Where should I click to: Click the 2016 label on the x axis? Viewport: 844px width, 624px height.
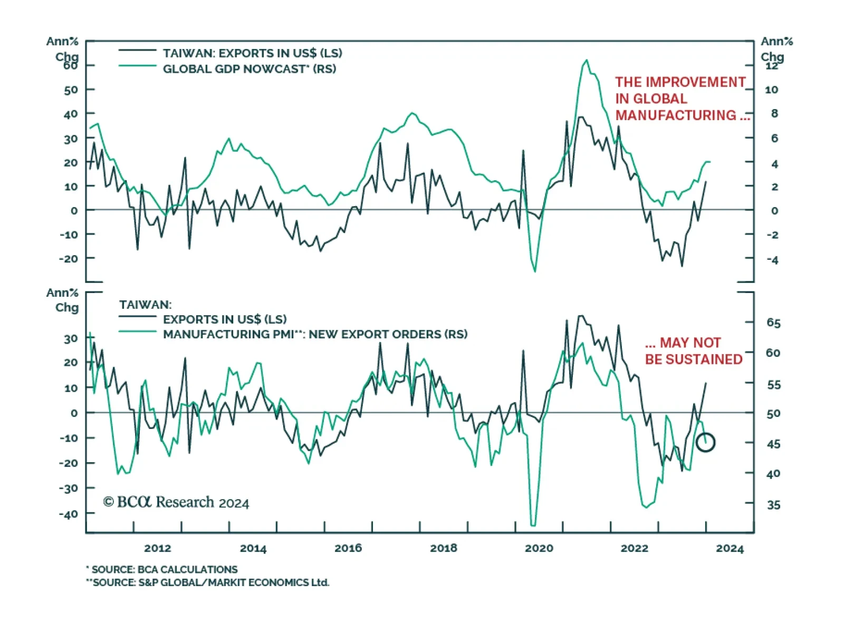pyautogui.click(x=348, y=548)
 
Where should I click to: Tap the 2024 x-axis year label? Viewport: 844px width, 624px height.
pyautogui.click(x=730, y=548)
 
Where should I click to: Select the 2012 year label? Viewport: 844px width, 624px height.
pyautogui.click(x=158, y=548)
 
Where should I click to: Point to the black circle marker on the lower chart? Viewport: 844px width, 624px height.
pyautogui.click(x=705, y=442)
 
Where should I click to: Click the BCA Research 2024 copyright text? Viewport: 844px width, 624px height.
pyautogui.click(x=176, y=502)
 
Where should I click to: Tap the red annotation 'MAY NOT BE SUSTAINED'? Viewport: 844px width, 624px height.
pyautogui.click(x=693, y=351)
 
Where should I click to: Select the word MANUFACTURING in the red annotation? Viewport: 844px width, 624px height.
pyautogui.click(x=676, y=115)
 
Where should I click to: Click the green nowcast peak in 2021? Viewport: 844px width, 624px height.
pyautogui.click(x=587, y=61)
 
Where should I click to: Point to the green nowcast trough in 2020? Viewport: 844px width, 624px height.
pyautogui.click(x=535, y=271)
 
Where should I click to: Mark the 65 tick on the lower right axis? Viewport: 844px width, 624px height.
pyautogui.click(x=773, y=323)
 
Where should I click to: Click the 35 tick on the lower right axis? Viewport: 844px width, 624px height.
pyautogui.click(x=773, y=505)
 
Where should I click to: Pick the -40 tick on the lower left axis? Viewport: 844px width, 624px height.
pyautogui.click(x=69, y=514)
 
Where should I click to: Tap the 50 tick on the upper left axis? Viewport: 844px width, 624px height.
pyautogui.click(x=71, y=90)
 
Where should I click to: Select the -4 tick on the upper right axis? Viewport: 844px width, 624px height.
pyautogui.click(x=772, y=260)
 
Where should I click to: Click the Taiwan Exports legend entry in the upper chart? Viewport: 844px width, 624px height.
pyautogui.click(x=252, y=53)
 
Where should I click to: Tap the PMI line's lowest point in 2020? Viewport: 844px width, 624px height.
pyautogui.click(x=533, y=525)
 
